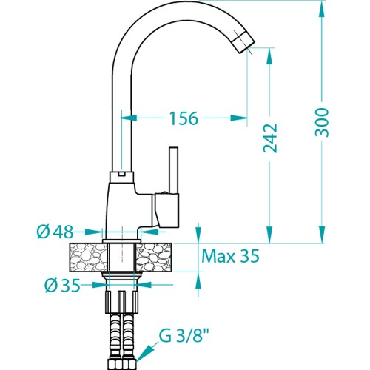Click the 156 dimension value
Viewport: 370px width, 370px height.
[184, 118]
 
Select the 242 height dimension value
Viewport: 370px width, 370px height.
[270, 138]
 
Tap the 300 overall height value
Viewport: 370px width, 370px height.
[322, 123]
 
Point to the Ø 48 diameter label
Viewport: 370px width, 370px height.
[55, 232]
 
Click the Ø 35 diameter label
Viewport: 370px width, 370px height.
[63, 286]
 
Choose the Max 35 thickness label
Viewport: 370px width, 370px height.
[230, 256]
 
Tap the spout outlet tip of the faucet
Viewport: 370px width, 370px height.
[244, 42]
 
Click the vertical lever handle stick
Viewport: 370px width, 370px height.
[173, 170]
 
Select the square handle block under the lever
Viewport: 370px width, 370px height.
[166, 210]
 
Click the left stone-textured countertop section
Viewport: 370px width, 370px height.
[89, 258]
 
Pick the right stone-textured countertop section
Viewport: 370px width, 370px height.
[154, 258]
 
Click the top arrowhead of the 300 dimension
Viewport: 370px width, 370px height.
[322, 10]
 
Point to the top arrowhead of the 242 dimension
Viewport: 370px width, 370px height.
[269, 56]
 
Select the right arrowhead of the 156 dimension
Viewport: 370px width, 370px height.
[239, 118]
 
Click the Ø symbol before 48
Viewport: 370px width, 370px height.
[43, 232]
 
